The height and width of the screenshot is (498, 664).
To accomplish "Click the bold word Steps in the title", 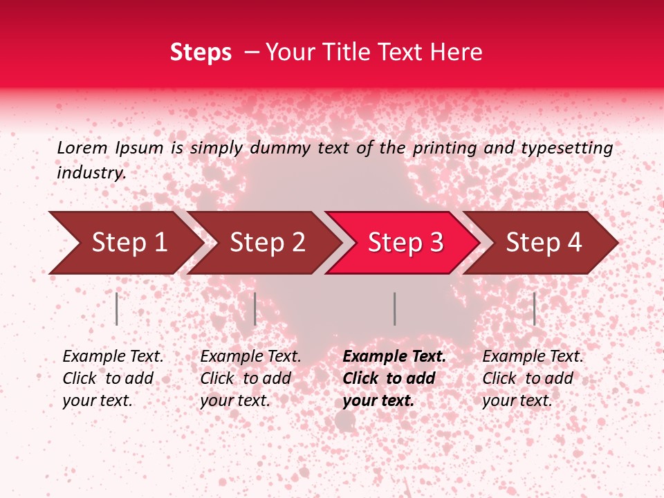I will pyautogui.click(x=201, y=53).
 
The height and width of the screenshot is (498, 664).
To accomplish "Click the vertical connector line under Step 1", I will pyautogui.click(x=117, y=308).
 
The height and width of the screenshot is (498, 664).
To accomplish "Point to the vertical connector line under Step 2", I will pyautogui.click(x=255, y=308).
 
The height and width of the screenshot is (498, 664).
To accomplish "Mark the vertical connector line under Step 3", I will pyautogui.click(x=394, y=308).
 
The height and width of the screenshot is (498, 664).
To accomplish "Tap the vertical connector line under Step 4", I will pyautogui.click(x=534, y=308).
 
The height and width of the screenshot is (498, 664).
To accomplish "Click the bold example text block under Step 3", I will pyautogui.click(x=394, y=378).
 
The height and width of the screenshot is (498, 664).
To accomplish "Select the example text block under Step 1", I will pyautogui.click(x=113, y=378).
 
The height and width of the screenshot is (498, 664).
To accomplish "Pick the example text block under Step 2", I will pyautogui.click(x=250, y=378).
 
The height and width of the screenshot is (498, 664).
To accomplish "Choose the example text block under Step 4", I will pyautogui.click(x=533, y=378).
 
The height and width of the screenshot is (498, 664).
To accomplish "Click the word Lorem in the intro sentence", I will pyautogui.click(x=82, y=148).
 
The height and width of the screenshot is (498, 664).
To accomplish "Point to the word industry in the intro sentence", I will pyautogui.click(x=91, y=173).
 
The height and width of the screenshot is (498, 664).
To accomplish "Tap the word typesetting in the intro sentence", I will pyautogui.click(x=566, y=148).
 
